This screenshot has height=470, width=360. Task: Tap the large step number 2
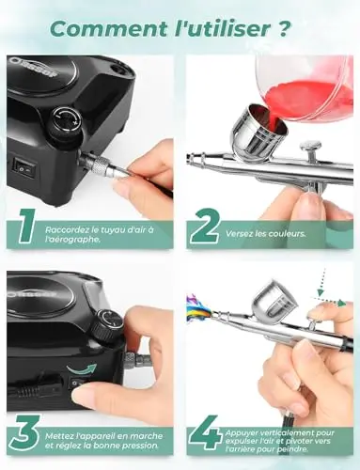click(x=205, y=227)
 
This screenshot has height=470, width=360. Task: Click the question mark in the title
click(x=283, y=29)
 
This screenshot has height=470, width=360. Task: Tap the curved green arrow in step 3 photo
click(x=82, y=368)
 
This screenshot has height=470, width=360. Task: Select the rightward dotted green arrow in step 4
click(x=330, y=302)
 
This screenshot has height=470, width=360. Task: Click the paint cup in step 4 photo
click(x=275, y=301)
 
